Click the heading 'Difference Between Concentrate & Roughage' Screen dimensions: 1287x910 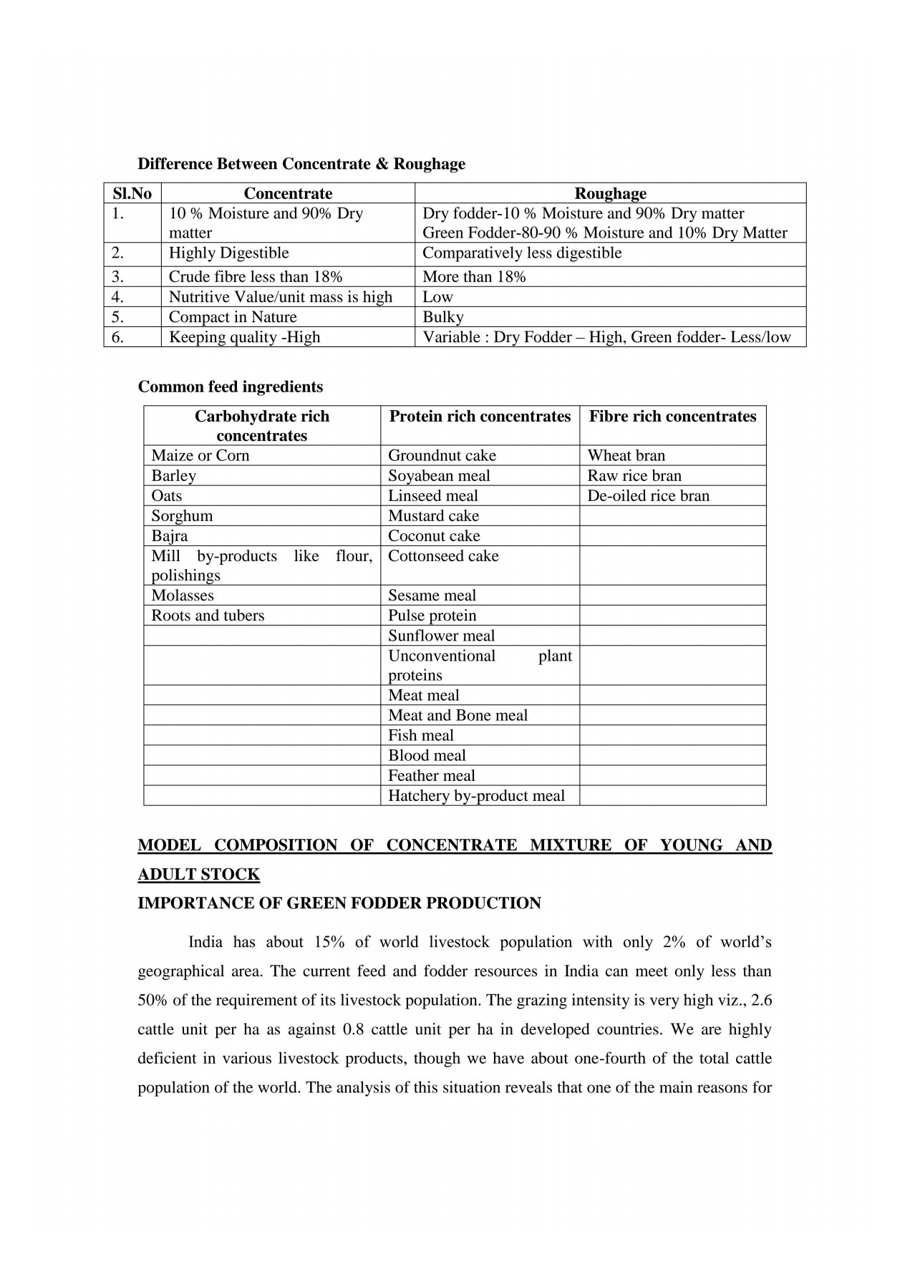[x=301, y=164]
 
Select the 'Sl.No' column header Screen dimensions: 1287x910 [x=132, y=193]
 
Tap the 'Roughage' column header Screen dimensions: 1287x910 [x=610, y=193]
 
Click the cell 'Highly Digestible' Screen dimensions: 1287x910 [x=229, y=253]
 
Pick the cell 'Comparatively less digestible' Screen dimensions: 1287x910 [x=522, y=253]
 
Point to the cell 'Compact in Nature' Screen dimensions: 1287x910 [x=233, y=317]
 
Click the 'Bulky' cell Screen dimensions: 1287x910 [x=443, y=317]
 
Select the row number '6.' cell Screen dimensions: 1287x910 [x=118, y=337]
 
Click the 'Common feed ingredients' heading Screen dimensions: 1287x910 [x=231, y=387]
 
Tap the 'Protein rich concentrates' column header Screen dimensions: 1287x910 [x=480, y=417]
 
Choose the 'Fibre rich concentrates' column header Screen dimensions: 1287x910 [x=672, y=417]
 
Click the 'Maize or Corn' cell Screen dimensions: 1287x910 [x=200, y=455]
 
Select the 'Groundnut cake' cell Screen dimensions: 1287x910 [x=442, y=455]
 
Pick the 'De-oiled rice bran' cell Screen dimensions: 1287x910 [x=649, y=495]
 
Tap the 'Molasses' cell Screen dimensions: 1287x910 [x=183, y=596]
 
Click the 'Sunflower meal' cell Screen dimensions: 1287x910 [x=441, y=636]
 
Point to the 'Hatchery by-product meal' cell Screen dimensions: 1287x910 [x=476, y=795]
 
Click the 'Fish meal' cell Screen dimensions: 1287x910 [x=421, y=735]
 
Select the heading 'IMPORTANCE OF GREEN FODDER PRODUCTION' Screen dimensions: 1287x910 [x=339, y=903]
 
